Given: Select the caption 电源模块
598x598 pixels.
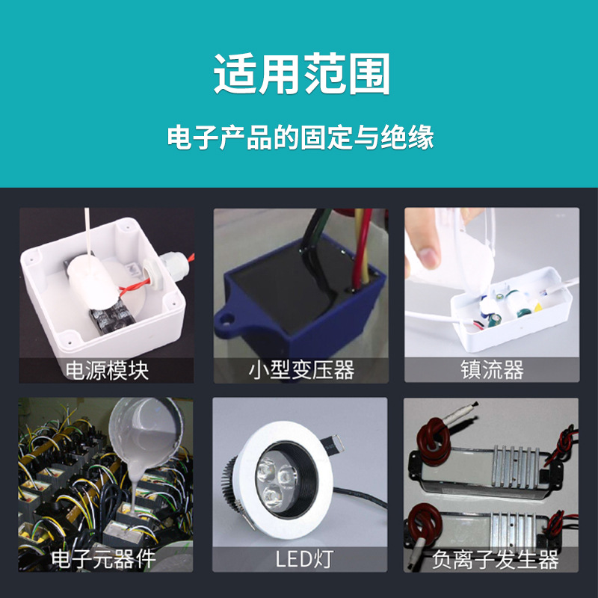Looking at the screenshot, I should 107,370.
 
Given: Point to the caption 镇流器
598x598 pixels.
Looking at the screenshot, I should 492,370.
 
